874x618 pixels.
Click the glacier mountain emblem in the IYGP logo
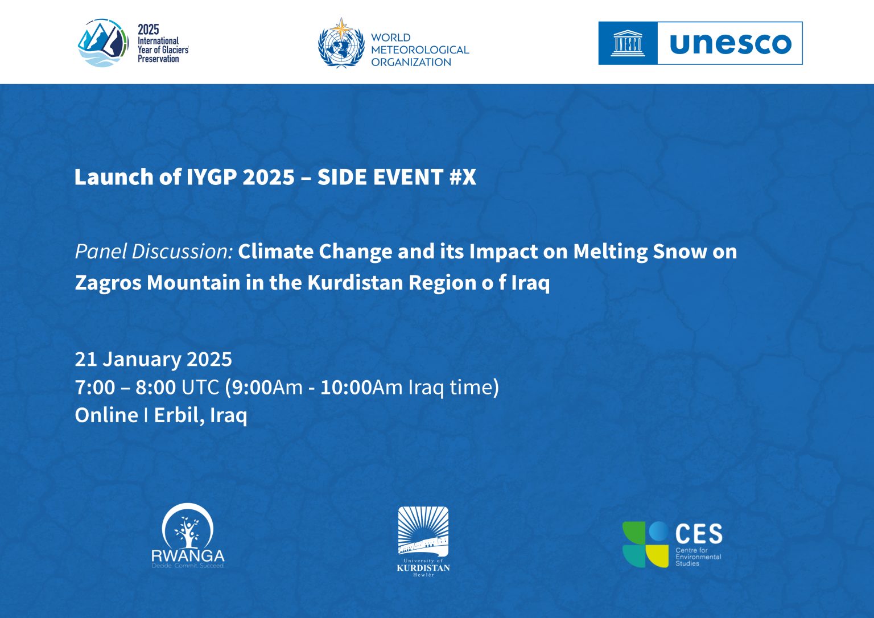pos(103,43)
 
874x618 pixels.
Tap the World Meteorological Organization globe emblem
pos(341,43)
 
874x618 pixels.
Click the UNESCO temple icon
pos(628,43)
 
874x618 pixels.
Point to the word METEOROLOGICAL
pos(420,50)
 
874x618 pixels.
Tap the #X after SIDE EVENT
pos(463,177)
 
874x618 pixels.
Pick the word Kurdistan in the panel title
pos(355,282)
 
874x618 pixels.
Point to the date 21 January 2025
pos(153,359)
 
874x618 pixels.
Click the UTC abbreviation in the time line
pos(200,387)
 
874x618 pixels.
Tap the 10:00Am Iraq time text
pos(410,388)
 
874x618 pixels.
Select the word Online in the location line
pos(106,415)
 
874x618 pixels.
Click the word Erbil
pos(179,415)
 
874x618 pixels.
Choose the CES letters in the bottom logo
pos(699,534)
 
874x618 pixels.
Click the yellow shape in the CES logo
pos(657,556)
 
